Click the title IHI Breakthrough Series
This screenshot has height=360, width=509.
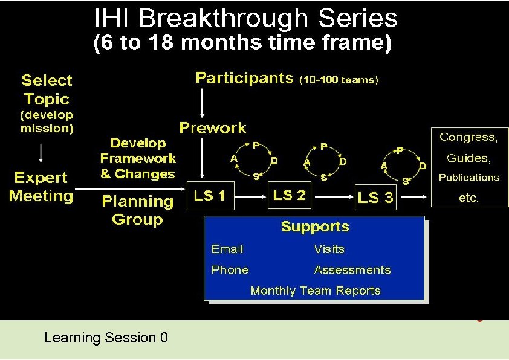(x=246, y=18)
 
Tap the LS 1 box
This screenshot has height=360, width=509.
(x=210, y=195)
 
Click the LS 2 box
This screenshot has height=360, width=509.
(x=289, y=195)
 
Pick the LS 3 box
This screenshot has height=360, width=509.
(x=375, y=198)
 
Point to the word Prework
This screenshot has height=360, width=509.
(x=213, y=128)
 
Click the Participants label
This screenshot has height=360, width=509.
(x=244, y=78)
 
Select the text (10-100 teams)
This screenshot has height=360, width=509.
(x=339, y=79)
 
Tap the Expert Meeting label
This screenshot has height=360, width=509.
(x=41, y=187)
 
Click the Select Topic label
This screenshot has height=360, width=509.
(x=47, y=89)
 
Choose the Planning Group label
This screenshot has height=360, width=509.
(x=137, y=210)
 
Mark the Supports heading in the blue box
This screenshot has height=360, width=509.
(x=315, y=227)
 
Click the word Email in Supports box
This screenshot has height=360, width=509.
(x=227, y=249)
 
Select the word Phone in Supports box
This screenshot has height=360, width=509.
(x=230, y=270)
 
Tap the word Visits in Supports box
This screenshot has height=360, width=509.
(x=329, y=249)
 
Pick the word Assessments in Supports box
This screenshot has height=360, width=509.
(x=352, y=270)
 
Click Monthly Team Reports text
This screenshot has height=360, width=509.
(x=315, y=291)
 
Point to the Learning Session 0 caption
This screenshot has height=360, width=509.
(x=106, y=338)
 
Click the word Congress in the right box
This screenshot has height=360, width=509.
(x=468, y=138)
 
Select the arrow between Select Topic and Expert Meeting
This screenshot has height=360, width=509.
(x=41, y=152)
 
